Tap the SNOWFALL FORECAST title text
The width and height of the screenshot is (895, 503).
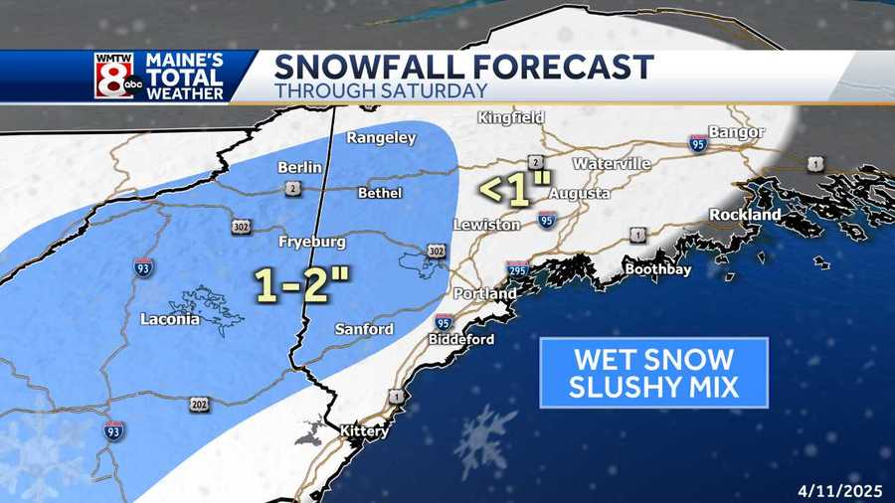[x=463, y=67]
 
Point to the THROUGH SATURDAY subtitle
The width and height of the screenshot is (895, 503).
[x=381, y=90]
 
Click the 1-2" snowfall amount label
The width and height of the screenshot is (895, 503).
[x=302, y=285]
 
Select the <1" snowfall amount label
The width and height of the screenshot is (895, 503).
[x=515, y=191]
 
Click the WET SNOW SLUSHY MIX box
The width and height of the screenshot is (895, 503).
[x=653, y=373]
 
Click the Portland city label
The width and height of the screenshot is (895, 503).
[x=485, y=294]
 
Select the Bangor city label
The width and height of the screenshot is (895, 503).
[x=736, y=132]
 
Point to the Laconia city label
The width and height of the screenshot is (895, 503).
[x=170, y=319]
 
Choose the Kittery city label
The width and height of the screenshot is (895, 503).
[x=363, y=431]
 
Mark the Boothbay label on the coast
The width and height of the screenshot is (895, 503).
[x=657, y=268]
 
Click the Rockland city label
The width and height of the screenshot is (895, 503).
[x=745, y=215]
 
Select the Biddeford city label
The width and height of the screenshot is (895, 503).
[x=461, y=339]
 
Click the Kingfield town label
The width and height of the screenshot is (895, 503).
[x=511, y=117]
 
